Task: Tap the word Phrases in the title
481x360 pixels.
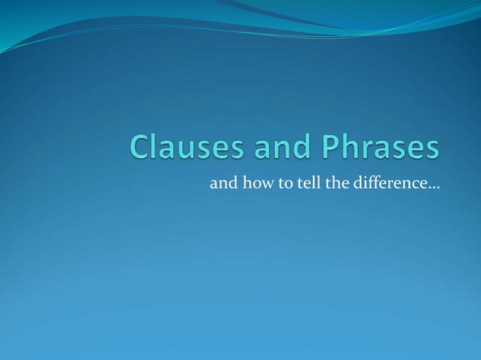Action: [378, 148]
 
